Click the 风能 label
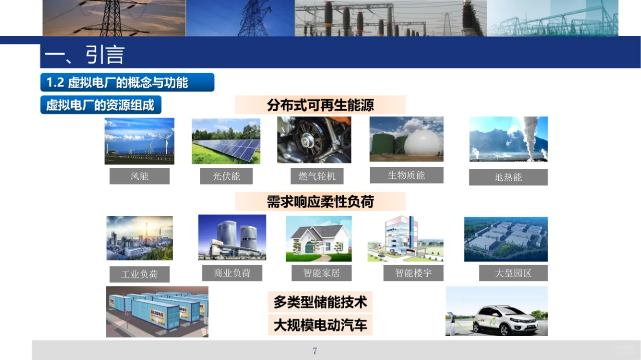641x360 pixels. pos(139,176)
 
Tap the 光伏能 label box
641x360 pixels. pos(226,176)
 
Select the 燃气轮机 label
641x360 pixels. pos(314,176)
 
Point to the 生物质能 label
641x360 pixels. pos(406,175)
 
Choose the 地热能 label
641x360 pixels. pos(508,177)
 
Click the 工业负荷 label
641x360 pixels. pos(139,274)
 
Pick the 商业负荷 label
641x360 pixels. pos(232,273)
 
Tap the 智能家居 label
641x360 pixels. pos(322,273)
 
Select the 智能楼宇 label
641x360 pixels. pos(413,273)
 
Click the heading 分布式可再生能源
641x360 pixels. pos(320,106)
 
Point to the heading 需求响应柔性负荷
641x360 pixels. pos(320,202)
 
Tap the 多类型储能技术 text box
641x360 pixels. pos(320,302)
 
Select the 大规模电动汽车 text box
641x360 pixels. pos(320,325)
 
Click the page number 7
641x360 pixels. pos(315,351)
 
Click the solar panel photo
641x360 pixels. pos(226,141)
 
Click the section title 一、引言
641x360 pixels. pos(85,55)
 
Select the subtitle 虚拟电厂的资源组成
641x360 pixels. pos(101,105)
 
